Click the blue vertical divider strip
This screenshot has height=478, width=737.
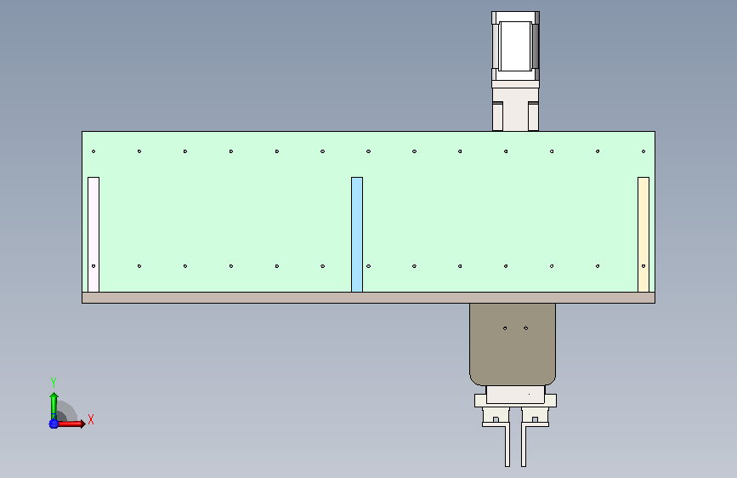(x=357, y=234)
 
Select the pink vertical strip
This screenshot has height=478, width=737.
(x=94, y=234)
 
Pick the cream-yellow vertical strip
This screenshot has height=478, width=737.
(x=643, y=234)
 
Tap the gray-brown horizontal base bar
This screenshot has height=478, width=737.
(x=369, y=298)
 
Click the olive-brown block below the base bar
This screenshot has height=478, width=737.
(x=513, y=344)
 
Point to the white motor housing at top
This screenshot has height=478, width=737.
(x=516, y=46)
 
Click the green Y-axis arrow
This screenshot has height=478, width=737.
(x=54, y=406)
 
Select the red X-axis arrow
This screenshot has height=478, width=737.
(x=71, y=424)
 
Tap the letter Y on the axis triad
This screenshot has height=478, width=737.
(x=54, y=383)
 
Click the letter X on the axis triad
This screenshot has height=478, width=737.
(x=91, y=419)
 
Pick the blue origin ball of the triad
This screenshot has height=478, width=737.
(x=54, y=424)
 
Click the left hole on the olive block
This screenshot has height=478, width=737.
(x=505, y=328)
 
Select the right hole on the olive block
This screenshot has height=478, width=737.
(x=526, y=328)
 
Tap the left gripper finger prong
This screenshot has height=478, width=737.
(x=507, y=445)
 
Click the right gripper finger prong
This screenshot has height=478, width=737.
(x=524, y=445)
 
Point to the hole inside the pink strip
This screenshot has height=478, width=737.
(x=94, y=266)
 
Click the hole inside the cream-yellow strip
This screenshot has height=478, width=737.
(x=643, y=266)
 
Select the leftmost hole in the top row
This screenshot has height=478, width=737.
(x=94, y=151)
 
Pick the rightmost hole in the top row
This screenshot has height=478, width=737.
(x=643, y=151)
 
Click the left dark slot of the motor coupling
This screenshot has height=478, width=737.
(x=498, y=117)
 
